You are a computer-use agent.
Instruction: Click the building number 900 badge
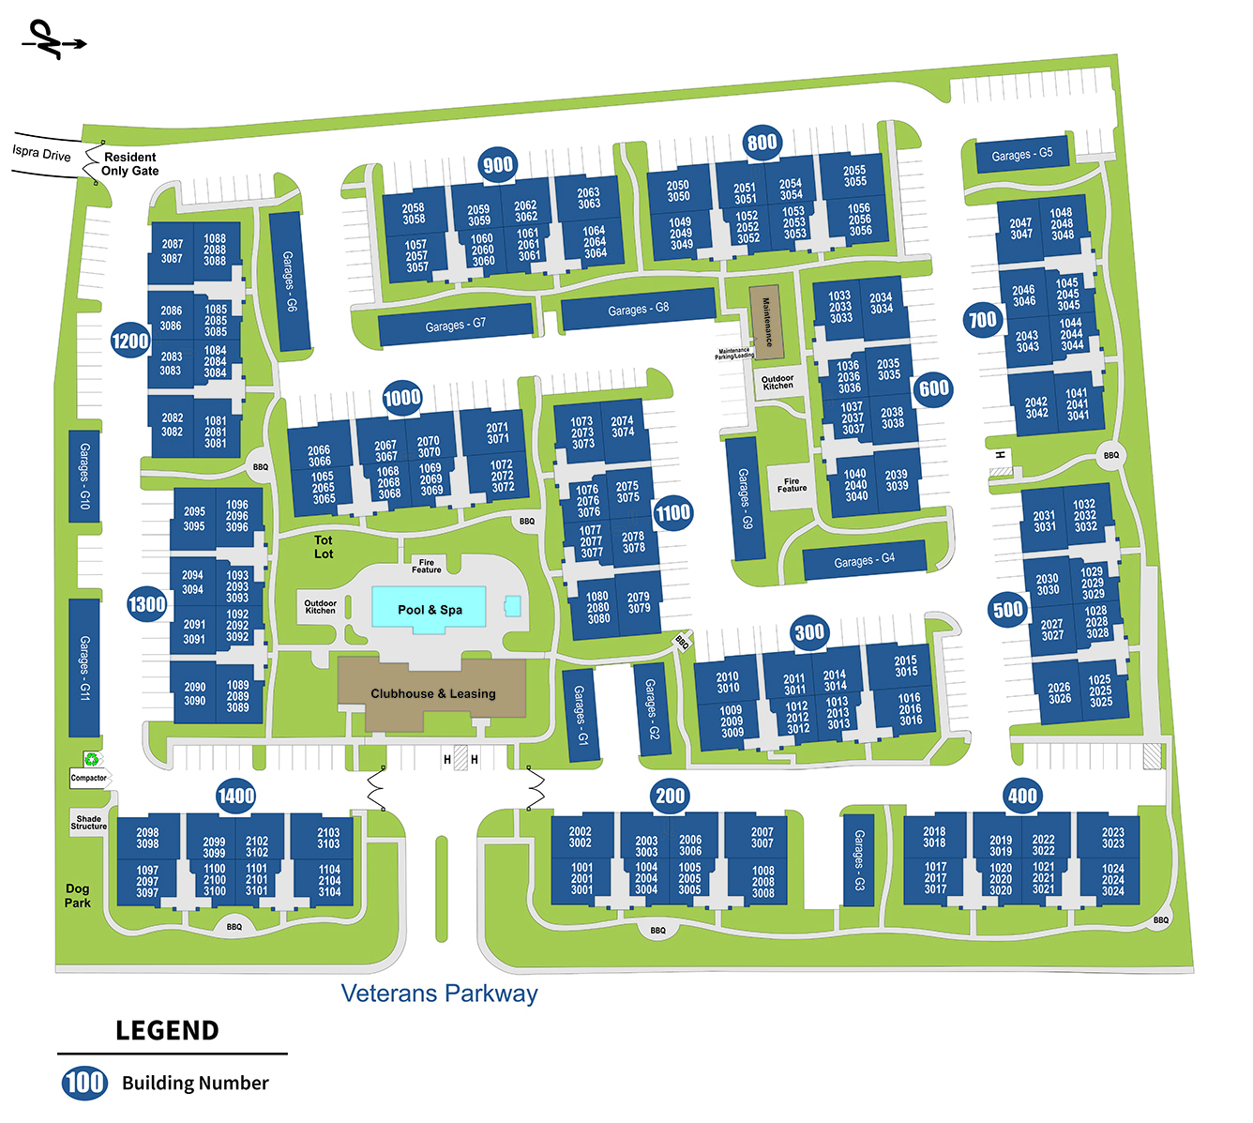(498, 165)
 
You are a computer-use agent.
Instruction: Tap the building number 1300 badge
(147, 604)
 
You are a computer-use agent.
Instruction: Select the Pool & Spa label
(430, 610)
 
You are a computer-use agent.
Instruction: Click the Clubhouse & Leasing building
(432, 693)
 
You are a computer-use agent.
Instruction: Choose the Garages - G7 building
(456, 325)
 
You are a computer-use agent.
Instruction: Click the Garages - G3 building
(858, 859)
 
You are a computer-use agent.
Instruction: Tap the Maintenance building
(766, 322)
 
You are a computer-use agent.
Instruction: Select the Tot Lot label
(324, 547)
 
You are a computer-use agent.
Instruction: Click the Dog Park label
(78, 895)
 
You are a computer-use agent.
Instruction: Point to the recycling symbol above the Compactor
(92, 759)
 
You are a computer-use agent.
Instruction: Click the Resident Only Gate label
(130, 164)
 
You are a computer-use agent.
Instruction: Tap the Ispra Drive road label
(41, 153)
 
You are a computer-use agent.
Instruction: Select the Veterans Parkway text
(439, 994)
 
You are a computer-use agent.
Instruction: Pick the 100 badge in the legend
(84, 1083)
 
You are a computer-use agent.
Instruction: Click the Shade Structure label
(89, 823)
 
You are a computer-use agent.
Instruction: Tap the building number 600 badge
(934, 388)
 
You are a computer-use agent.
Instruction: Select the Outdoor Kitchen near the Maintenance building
(777, 383)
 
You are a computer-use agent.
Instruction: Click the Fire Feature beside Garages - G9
(792, 485)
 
